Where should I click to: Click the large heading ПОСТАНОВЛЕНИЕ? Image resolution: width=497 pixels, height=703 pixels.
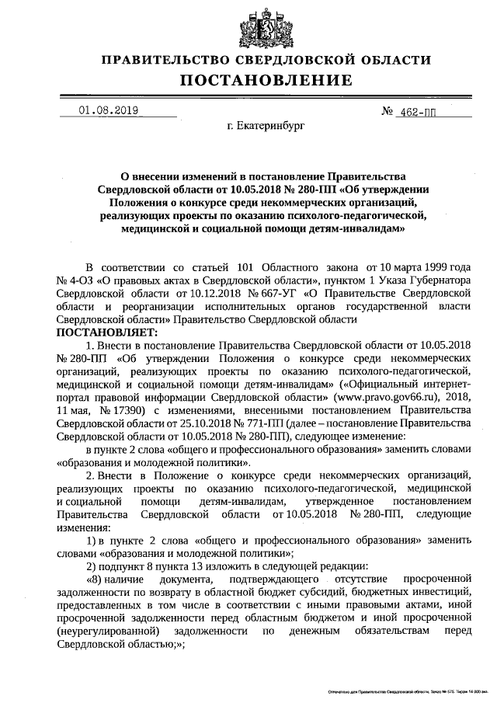(266, 80)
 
